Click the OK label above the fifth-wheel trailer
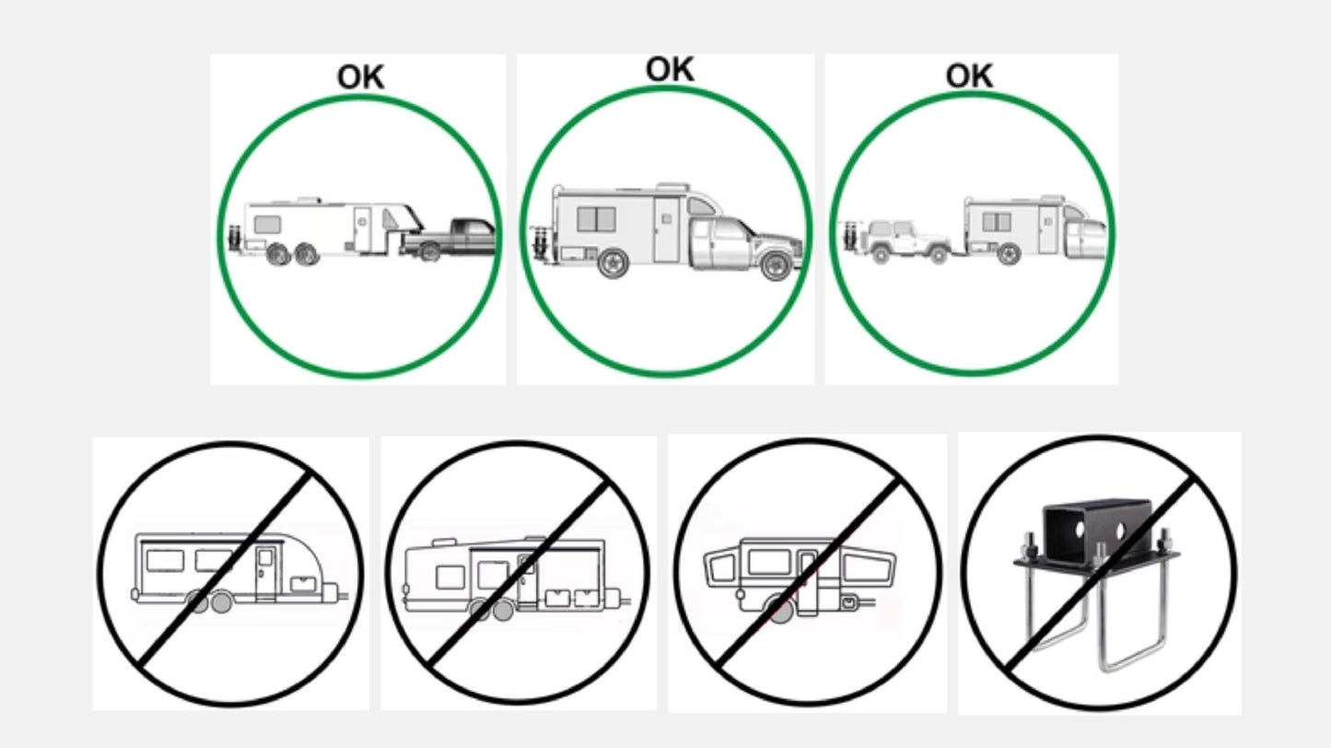pos(361,77)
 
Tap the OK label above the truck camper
pos(670,69)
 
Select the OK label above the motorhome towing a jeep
pos(969,76)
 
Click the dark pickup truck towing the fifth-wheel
pos(449,239)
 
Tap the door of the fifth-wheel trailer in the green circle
pos(363,228)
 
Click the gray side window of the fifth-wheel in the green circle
pos(267,225)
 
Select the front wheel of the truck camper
pos(776,265)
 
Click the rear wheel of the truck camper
pos(613,263)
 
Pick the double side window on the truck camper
pos(596,219)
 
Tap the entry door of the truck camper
pos(667,229)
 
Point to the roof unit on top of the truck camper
pos(672,187)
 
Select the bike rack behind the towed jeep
pos(851,238)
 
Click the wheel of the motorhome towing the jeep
pos(1009,253)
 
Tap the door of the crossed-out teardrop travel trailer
pos(265,574)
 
